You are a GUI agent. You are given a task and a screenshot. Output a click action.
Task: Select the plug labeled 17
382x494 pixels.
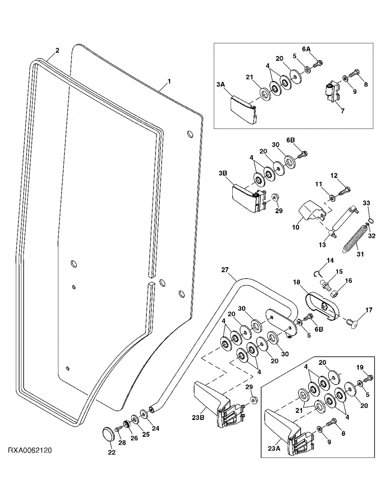(350, 322)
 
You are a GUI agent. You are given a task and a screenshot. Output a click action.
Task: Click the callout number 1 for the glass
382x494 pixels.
(169, 81)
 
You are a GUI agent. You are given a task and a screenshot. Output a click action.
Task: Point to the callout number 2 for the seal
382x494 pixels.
(57, 50)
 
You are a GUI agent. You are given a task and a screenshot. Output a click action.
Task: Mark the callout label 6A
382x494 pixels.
(306, 50)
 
